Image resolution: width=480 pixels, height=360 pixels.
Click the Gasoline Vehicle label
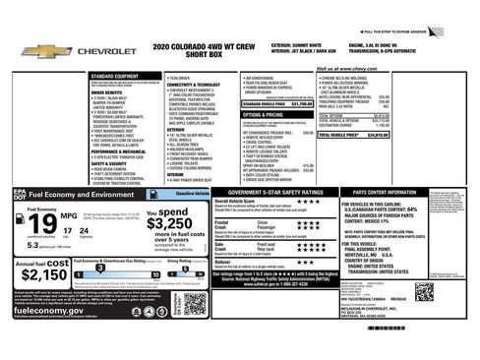(x=178, y=196)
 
